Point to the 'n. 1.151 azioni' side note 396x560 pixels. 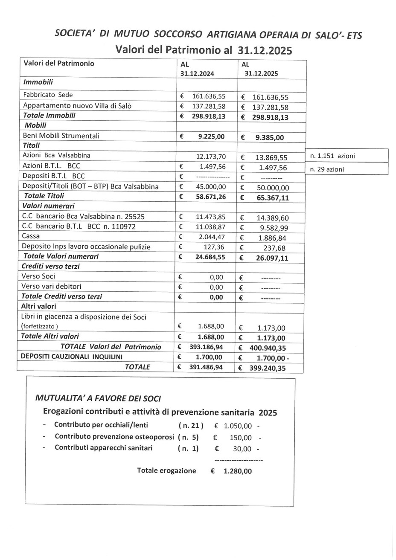[332, 156]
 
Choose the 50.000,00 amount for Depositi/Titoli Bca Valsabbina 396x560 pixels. [271, 188]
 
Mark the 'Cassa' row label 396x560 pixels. [31, 236]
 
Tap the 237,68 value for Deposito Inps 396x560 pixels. [274, 248]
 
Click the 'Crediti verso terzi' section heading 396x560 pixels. [51, 266]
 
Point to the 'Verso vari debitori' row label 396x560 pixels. [52, 286]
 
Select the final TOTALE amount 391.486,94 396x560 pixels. [206, 367]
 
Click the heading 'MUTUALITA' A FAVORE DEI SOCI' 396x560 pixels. [98, 398]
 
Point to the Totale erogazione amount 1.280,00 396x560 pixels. [237, 471]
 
